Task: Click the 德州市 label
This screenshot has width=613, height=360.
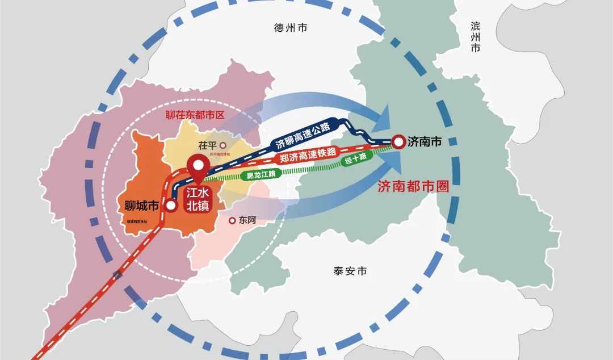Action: point(290,28)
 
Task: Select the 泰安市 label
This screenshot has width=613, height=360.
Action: point(350,271)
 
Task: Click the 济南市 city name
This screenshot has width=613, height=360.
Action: point(424,142)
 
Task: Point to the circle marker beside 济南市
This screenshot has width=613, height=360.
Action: point(399,141)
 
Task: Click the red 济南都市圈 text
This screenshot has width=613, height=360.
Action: point(413,187)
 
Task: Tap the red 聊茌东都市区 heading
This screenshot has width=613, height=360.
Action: point(195,114)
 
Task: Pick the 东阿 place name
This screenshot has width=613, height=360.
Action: point(248,220)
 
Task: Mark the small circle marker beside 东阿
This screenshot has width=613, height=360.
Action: point(232,220)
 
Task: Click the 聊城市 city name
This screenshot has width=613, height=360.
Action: point(141,205)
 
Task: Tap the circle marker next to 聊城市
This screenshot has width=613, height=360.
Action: point(170,206)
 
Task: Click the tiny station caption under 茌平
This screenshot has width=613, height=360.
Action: point(220,154)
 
